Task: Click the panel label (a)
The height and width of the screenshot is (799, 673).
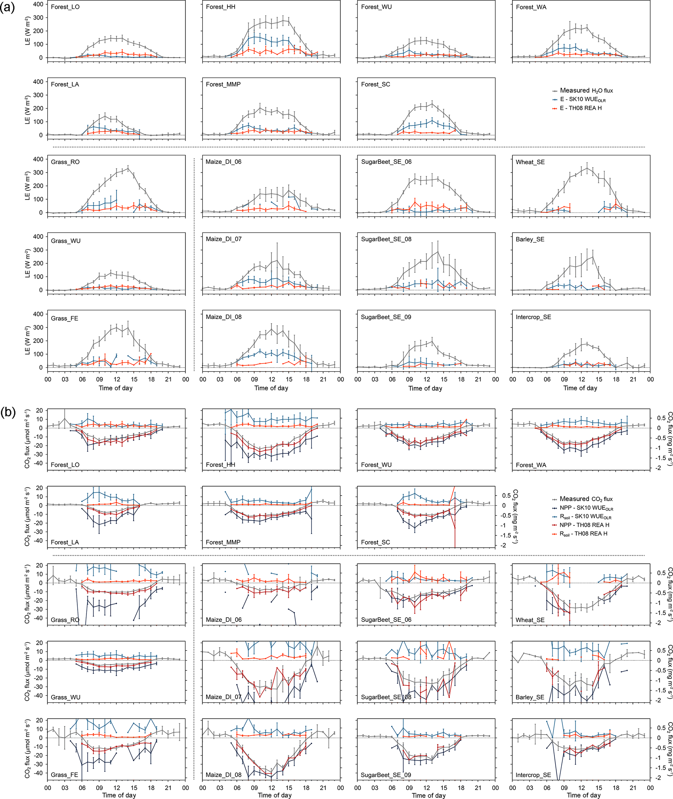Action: point(7,7)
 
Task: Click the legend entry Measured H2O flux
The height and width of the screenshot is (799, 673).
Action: point(586,91)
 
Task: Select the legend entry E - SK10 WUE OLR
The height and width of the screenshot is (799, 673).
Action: point(582,100)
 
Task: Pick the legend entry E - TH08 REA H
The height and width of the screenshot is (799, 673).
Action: point(580,108)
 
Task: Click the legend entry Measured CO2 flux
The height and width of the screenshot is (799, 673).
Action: point(586,499)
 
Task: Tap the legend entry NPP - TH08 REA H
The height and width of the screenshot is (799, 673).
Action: point(584,525)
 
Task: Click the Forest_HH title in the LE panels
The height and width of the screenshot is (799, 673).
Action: point(220,7)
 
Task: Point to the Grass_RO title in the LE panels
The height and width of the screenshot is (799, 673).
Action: point(65,162)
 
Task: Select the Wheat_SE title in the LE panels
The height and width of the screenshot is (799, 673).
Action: point(530,162)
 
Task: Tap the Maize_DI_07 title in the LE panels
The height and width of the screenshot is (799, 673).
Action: point(224,239)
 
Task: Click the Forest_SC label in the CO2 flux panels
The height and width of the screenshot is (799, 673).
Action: point(375,542)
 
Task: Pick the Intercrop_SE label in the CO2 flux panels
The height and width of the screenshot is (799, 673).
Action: point(533,775)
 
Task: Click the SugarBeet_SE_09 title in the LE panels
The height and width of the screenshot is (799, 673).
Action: point(386,317)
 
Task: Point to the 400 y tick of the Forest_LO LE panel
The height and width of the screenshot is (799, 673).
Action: point(38,4)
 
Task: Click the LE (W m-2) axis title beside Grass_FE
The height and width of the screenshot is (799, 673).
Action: point(27,340)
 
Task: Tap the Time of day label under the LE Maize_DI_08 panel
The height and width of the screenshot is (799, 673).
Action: point(271,388)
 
